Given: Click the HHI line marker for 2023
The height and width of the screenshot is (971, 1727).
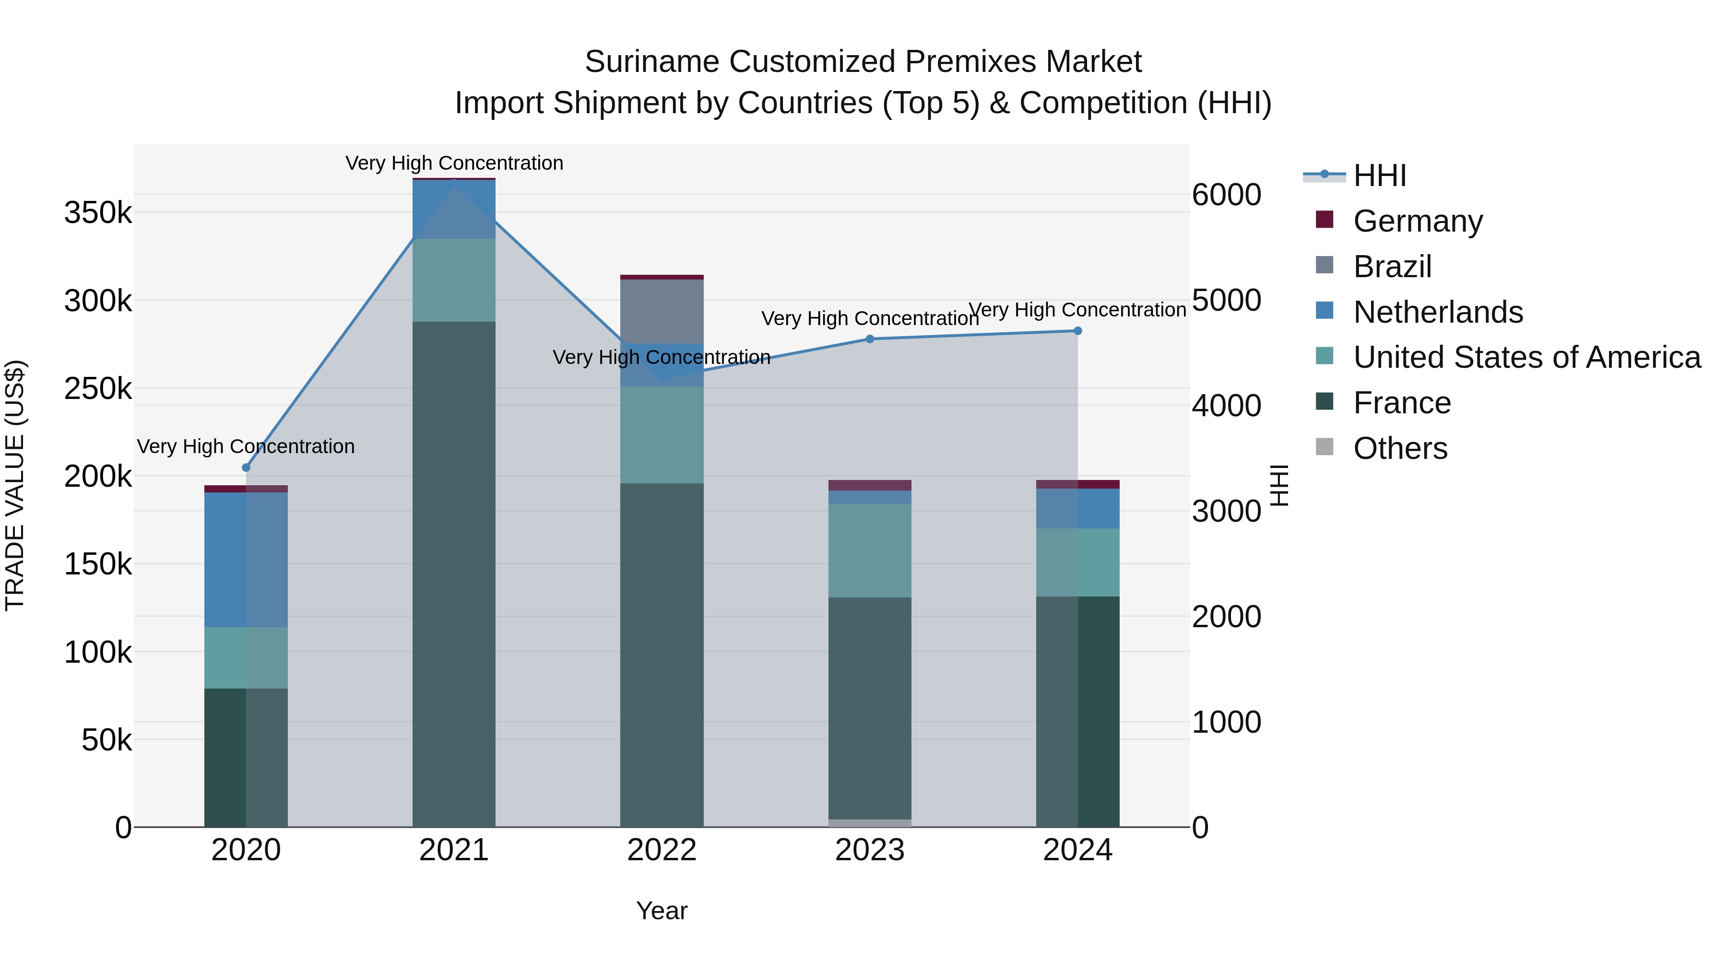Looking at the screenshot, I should pyautogui.click(x=870, y=339).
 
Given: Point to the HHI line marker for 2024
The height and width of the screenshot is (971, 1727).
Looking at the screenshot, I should pyautogui.click(x=1077, y=330).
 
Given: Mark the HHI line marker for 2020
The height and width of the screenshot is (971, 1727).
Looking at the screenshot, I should pyautogui.click(x=246, y=468).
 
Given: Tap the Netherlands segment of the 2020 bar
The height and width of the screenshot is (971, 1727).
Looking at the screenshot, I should pyautogui.click(x=246, y=560).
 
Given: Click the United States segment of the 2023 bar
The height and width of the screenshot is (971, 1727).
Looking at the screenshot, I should pyautogui.click(x=870, y=550).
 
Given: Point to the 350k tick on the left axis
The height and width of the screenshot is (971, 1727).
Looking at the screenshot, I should pyautogui.click(x=98, y=213).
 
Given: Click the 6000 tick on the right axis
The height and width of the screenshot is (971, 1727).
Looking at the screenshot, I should pyautogui.click(x=1226, y=195).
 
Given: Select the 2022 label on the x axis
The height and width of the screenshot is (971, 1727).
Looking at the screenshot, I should pyautogui.click(x=662, y=850).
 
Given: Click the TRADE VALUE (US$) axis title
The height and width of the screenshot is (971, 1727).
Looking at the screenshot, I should pyautogui.click(x=15, y=485).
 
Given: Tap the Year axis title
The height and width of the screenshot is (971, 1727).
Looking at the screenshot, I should pyautogui.click(x=662, y=911).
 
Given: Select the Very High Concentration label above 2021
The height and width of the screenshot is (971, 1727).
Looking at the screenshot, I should pyautogui.click(x=454, y=163).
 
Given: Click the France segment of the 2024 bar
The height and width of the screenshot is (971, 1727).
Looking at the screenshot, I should pyautogui.click(x=1077, y=710).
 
